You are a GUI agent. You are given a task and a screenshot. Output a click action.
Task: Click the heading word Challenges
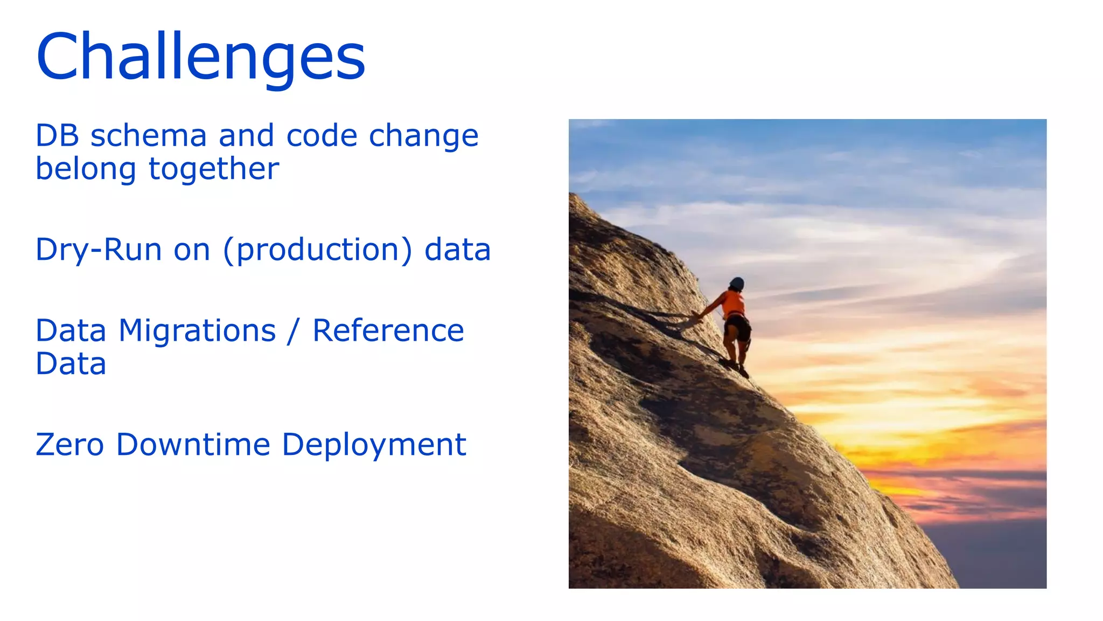pyautogui.click(x=200, y=57)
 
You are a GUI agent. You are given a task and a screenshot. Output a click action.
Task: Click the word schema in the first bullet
pyautogui.click(x=149, y=135)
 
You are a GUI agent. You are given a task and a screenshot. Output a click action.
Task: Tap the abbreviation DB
pyautogui.click(x=57, y=135)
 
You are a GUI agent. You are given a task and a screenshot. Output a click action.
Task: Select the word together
pyautogui.click(x=214, y=169)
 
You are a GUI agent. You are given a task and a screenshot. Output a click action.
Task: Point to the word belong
pyautogui.click(x=86, y=169)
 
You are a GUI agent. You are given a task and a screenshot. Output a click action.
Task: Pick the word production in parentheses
pyautogui.click(x=317, y=250)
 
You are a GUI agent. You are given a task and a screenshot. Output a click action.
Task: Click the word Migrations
pyautogui.click(x=197, y=330)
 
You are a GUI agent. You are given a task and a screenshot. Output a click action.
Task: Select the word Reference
pyautogui.click(x=388, y=330)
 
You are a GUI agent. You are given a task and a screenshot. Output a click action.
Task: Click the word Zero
pyautogui.click(x=69, y=445)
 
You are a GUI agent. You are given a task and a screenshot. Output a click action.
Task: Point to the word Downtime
pyautogui.click(x=193, y=445)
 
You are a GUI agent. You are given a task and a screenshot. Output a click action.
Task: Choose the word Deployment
pyautogui.click(x=374, y=446)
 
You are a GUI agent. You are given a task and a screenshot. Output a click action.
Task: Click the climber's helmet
pyautogui.click(x=737, y=284)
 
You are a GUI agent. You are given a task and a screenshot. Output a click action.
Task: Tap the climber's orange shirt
pyautogui.click(x=734, y=303)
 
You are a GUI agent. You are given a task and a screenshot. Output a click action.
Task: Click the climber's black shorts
pyautogui.click(x=738, y=327)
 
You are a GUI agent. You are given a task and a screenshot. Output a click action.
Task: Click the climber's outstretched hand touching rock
pyautogui.click(x=696, y=314)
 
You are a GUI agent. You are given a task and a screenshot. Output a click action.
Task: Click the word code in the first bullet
pyautogui.click(x=322, y=135)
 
